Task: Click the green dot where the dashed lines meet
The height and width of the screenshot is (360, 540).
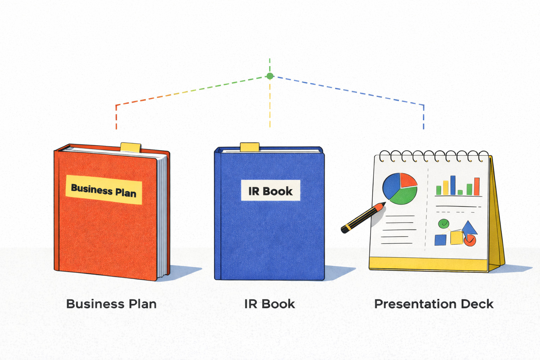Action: click(x=270, y=76)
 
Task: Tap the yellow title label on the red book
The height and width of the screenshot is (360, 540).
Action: click(x=104, y=189)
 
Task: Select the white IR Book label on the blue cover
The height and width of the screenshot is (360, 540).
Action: click(x=270, y=191)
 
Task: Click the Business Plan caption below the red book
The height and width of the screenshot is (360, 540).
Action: click(x=111, y=304)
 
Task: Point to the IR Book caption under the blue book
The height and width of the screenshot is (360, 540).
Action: click(x=270, y=304)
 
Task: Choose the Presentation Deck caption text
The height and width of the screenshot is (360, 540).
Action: click(x=434, y=304)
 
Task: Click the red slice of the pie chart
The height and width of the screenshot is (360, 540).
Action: click(x=407, y=180)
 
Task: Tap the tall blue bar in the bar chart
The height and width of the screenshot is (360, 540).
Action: click(x=453, y=185)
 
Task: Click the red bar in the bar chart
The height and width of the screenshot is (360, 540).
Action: click(x=477, y=187)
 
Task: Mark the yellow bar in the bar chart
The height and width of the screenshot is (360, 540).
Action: click(x=446, y=188)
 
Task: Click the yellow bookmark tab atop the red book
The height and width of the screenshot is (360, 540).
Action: click(x=131, y=147)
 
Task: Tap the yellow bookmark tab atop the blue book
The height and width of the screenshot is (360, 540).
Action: click(x=250, y=147)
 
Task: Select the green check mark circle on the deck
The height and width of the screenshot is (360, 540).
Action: click(x=444, y=224)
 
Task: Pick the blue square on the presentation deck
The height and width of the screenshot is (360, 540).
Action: click(x=440, y=240)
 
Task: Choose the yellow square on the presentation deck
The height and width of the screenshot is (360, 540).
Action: click(x=456, y=238)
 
